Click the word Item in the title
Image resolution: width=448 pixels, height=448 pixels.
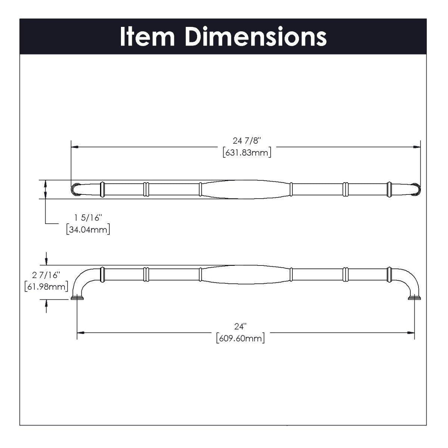[147, 37]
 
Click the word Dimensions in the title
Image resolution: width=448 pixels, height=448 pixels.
[256, 37]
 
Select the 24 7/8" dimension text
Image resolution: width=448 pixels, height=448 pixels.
[246, 141]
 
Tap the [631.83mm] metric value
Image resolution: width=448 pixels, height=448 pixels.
[246, 153]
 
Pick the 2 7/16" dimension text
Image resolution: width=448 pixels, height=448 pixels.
[46, 275]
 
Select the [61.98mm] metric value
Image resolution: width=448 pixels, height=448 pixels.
[46, 287]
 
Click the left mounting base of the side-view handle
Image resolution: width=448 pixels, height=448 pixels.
[77, 298]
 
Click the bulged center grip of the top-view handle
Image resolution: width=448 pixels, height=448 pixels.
[246, 189]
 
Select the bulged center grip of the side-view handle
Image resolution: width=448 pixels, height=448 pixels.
[246, 275]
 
